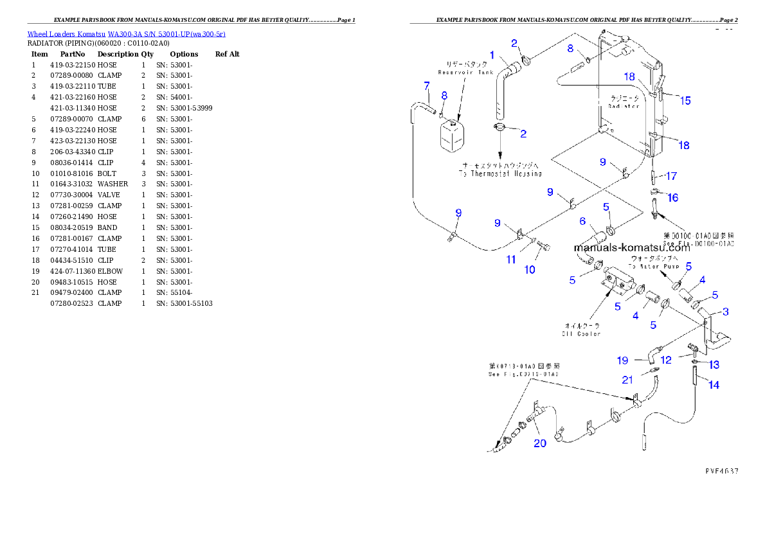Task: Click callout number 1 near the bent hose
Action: pyautogui.click(x=492, y=55)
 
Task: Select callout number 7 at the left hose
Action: pyautogui.click(x=426, y=85)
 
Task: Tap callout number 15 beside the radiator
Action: pyautogui.click(x=685, y=100)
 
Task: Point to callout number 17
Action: pyautogui.click(x=671, y=176)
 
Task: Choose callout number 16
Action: pyautogui.click(x=672, y=198)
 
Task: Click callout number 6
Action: pyautogui.click(x=582, y=222)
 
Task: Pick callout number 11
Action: pyautogui.click(x=511, y=260)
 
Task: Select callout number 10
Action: pyautogui.click(x=530, y=270)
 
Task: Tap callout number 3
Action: pyautogui.click(x=725, y=312)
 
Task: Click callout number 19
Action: pyautogui.click(x=622, y=360)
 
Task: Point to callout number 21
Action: pyautogui.click(x=627, y=380)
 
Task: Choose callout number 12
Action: pyautogui.click(x=667, y=360)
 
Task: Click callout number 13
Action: pyautogui.click(x=714, y=365)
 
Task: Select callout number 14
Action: pyautogui.click(x=714, y=385)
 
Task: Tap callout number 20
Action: pyautogui.click(x=540, y=443)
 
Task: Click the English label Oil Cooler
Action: pyautogui.click(x=580, y=333)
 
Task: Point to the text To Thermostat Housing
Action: pyautogui.click(x=500, y=173)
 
